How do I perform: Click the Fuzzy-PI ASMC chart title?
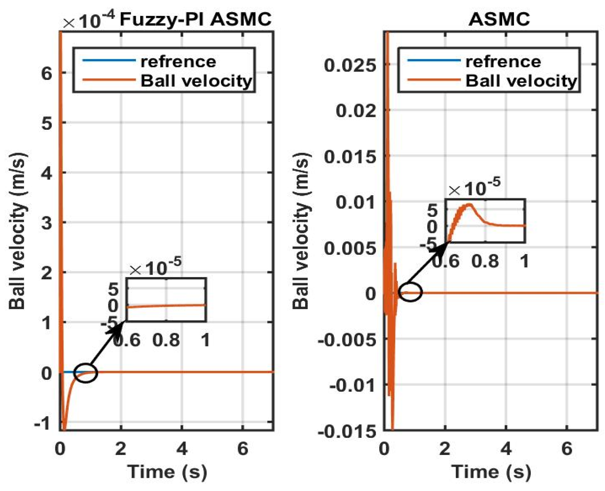195,20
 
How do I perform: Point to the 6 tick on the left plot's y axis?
47,73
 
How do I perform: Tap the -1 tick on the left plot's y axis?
43,423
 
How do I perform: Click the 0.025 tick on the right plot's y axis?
350,65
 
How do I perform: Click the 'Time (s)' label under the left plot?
167,471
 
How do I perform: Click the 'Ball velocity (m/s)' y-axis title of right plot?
301,231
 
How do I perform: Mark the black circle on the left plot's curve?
86,373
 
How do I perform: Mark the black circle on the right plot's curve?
410,292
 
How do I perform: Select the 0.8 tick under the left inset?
166,341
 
